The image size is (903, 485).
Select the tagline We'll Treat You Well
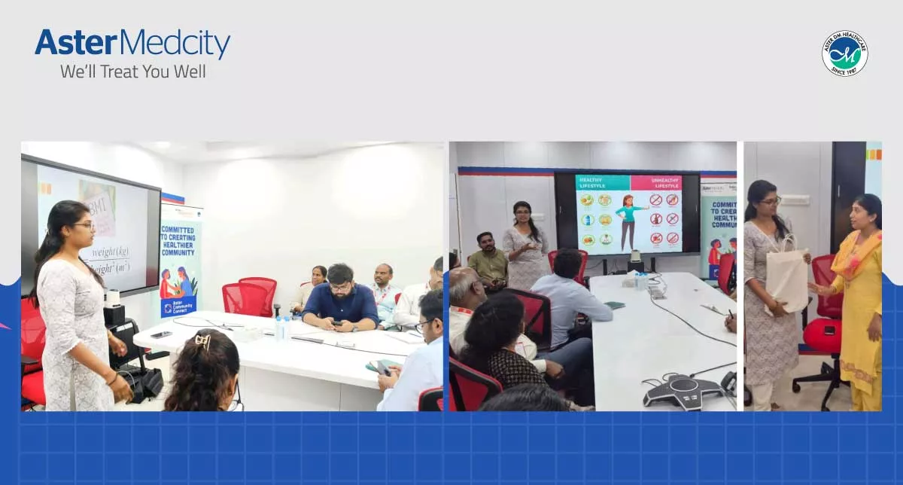click(132, 72)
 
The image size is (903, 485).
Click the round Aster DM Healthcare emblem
click(844, 53)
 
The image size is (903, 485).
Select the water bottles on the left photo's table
click(283, 328)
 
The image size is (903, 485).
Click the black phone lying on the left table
click(161, 334)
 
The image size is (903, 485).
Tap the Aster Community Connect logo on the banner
click(178, 304)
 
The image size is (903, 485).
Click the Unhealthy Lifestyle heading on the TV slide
click(655, 183)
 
